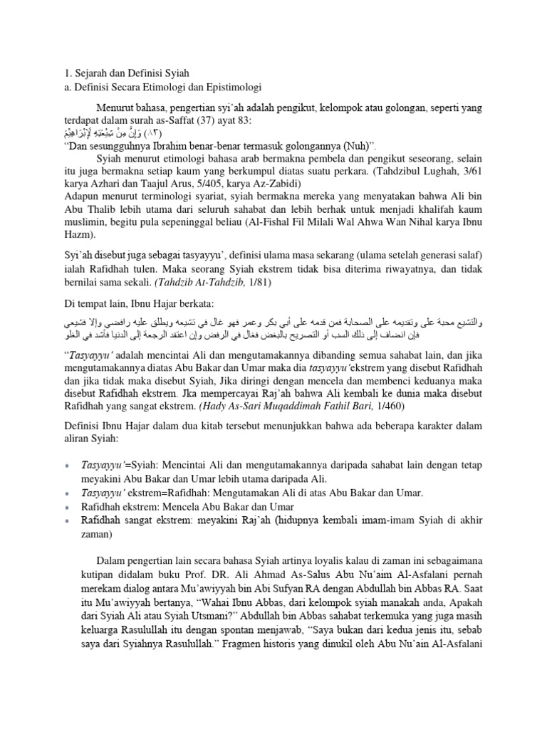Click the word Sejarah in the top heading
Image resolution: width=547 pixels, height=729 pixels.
coord(83,73)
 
